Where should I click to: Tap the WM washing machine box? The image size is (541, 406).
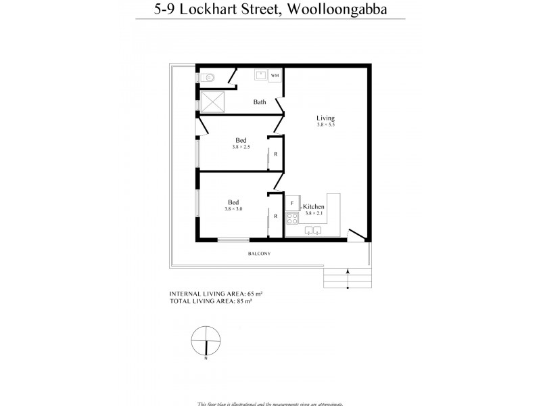pyautogui.click(x=275, y=76)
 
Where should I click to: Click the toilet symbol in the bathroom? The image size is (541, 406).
pyautogui.click(x=208, y=78)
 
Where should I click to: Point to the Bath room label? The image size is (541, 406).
pyautogui.click(x=259, y=103)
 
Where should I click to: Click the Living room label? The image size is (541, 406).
pyautogui.click(x=325, y=118)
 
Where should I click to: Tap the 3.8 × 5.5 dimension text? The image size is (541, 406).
pyautogui.click(x=325, y=125)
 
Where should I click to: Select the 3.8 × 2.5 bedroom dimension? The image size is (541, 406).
pyautogui.click(x=241, y=147)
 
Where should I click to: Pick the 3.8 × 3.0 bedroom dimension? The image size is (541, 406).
pyautogui.click(x=233, y=209)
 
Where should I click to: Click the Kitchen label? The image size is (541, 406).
pyautogui.click(x=314, y=206)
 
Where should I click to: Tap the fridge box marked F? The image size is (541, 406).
pyautogui.click(x=292, y=202)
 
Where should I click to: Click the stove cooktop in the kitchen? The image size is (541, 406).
pyautogui.click(x=293, y=219)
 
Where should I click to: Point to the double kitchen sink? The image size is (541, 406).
pyautogui.click(x=312, y=231)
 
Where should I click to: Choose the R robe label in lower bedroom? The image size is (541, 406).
pyautogui.click(x=275, y=217)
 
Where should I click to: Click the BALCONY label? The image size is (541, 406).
pyautogui.click(x=260, y=254)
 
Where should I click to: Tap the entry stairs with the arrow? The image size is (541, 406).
pyautogui.click(x=348, y=277)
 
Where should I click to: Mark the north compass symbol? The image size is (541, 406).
pyautogui.click(x=206, y=340)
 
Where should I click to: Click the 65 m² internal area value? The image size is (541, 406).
pyautogui.click(x=254, y=294)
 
